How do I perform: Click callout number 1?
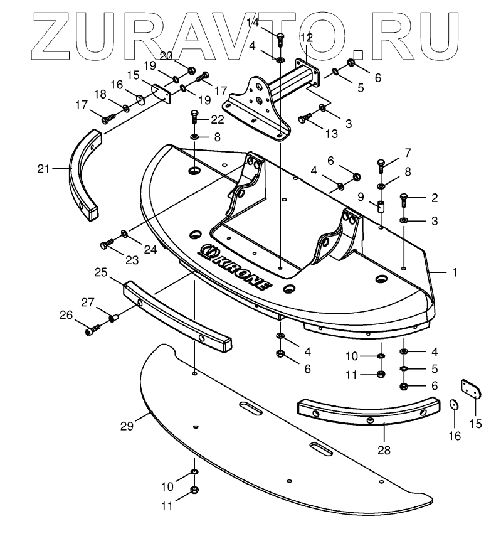pyautogui.click(x=455, y=272)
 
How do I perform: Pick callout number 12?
pyautogui.click(x=306, y=38)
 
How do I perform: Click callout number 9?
pyautogui.click(x=361, y=196)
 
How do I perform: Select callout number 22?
pyautogui.click(x=218, y=119)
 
